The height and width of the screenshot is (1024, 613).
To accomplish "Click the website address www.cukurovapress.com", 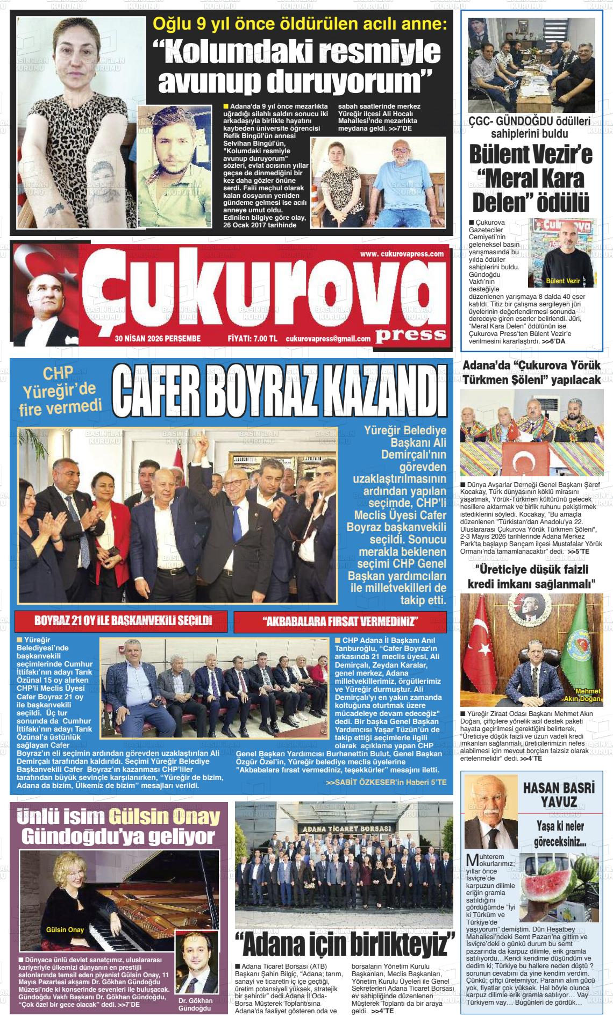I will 401,254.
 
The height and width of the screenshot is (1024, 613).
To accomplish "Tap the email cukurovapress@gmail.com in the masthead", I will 328,339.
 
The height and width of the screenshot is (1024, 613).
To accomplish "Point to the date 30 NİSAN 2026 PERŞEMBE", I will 158,339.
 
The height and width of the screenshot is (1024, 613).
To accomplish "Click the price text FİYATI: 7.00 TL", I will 252,339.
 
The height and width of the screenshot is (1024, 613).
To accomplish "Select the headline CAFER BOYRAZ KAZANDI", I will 279,392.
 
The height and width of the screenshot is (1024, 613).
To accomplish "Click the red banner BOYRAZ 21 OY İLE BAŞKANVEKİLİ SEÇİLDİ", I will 123,621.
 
